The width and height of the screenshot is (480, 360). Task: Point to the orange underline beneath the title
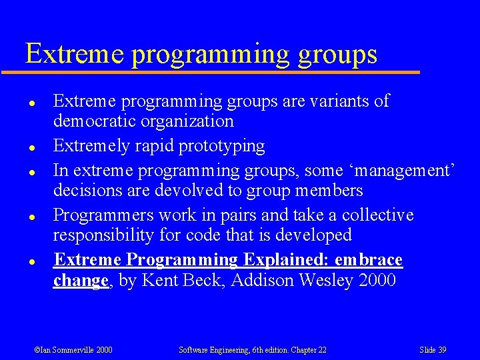coord(220,71)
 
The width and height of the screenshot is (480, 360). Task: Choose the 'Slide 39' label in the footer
coord(433,350)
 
